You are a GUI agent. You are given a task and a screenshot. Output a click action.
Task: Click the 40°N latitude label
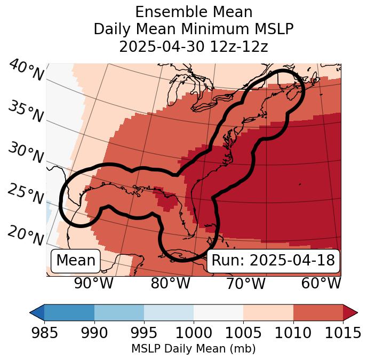26,71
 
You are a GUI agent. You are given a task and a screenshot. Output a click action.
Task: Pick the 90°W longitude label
94,284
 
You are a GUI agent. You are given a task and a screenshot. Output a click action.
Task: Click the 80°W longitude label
171,284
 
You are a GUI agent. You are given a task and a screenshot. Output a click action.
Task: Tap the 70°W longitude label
246,284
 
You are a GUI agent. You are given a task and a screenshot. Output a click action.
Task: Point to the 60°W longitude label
321,284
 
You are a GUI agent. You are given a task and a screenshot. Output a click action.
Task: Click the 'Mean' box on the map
76,261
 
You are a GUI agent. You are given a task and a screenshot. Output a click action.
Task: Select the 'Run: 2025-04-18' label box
273,261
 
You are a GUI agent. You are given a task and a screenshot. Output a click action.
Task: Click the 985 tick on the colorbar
44,333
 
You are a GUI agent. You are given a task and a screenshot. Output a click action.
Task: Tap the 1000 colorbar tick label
194,333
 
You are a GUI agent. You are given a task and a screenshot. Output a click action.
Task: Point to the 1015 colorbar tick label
342,333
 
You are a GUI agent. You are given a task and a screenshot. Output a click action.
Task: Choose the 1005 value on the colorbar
243,333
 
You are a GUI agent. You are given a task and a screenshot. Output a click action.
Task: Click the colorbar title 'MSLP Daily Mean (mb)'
193,349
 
